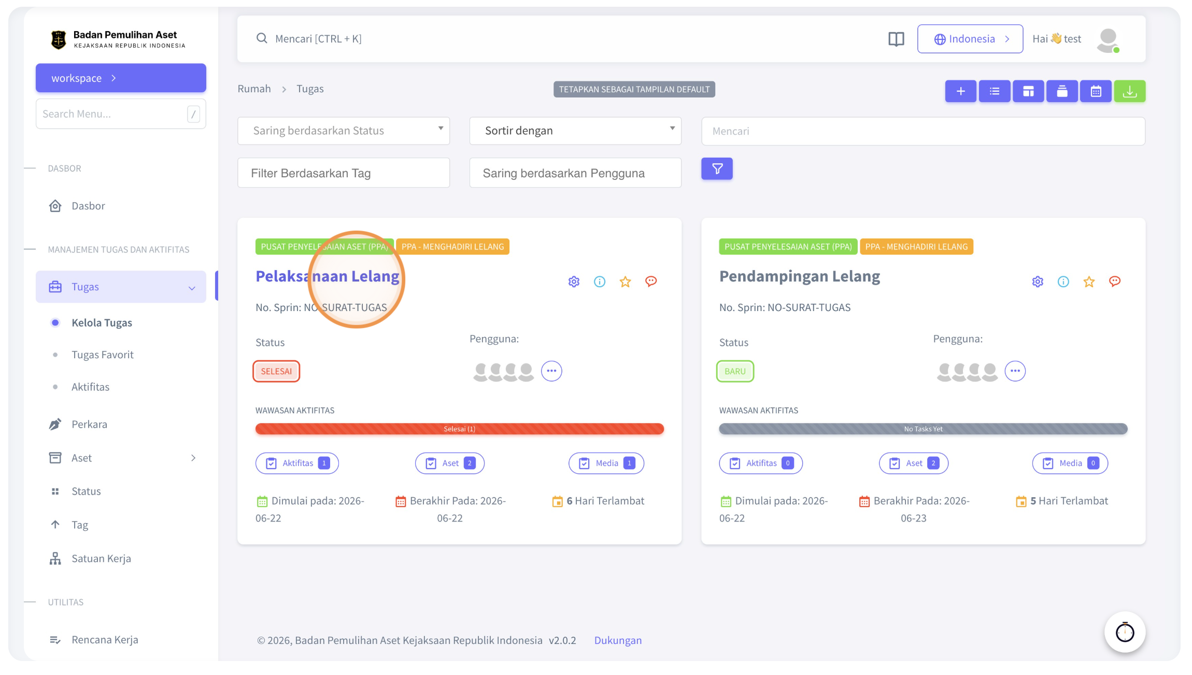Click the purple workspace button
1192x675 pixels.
coord(121,78)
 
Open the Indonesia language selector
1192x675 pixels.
coord(970,39)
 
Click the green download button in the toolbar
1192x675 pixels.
coord(1129,91)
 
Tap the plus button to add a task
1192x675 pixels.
coord(960,91)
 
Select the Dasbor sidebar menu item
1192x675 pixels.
coord(88,206)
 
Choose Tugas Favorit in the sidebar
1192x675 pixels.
coord(103,355)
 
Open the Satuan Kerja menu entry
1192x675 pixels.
coord(101,558)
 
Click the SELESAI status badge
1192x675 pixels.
coord(276,371)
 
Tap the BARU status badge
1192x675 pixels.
coord(735,371)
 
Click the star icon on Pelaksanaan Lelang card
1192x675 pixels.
coord(625,282)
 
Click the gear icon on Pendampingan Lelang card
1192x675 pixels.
coord(1038,282)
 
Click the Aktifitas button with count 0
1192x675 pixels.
coord(761,463)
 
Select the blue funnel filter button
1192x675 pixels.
coord(717,168)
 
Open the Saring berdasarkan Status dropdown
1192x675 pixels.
coord(344,131)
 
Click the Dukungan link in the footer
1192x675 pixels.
coord(618,640)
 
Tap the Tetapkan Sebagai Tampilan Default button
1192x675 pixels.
coord(634,89)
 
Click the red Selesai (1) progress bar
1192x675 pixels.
coord(460,429)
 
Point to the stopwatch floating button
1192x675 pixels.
coord(1125,632)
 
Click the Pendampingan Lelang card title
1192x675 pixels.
coord(800,276)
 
